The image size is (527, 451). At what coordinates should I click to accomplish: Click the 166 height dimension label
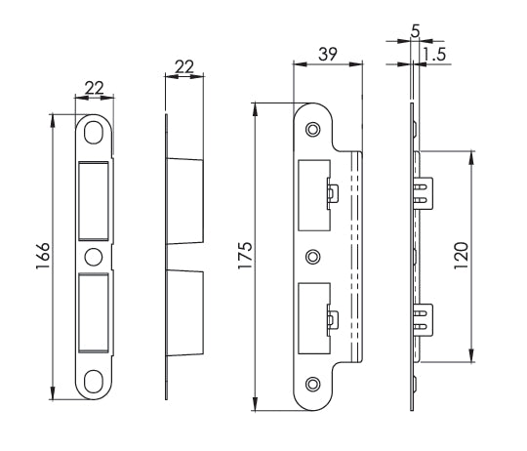coord(31,259)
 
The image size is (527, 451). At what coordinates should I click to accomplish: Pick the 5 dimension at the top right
coord(417,31)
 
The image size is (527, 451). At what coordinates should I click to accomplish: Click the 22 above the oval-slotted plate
coord(95,88)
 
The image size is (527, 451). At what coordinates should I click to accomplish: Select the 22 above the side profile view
coord(183,66)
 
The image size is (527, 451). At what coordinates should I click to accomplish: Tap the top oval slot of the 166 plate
coord(94,132)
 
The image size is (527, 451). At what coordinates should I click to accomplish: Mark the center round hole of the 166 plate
coord(94,257)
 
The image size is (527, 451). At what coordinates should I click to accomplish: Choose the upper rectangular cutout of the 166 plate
coord(94,200)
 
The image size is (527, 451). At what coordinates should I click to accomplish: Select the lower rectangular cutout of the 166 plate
coord(94,312)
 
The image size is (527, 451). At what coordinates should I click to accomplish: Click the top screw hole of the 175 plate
coord(312,130)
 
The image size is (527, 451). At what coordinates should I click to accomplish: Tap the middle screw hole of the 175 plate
coord(312,256)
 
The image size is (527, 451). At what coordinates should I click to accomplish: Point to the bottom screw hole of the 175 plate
coord(312,383)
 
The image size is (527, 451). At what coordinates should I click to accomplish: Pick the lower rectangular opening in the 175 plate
coord(312,318)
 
